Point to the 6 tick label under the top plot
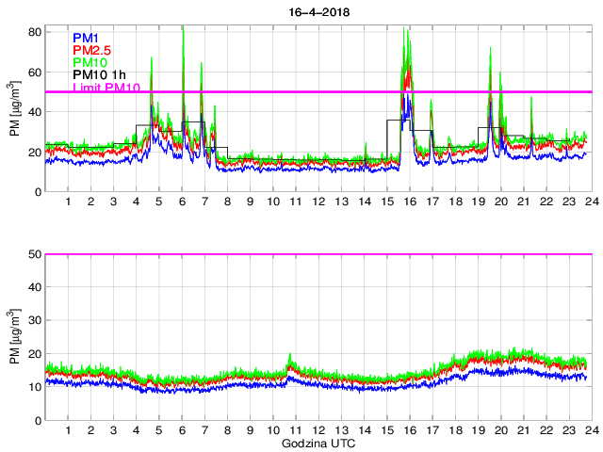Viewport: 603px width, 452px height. pos(182,202)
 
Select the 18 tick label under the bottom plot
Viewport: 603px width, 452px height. pos(455,430)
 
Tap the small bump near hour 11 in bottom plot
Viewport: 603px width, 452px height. pos(290,359)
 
